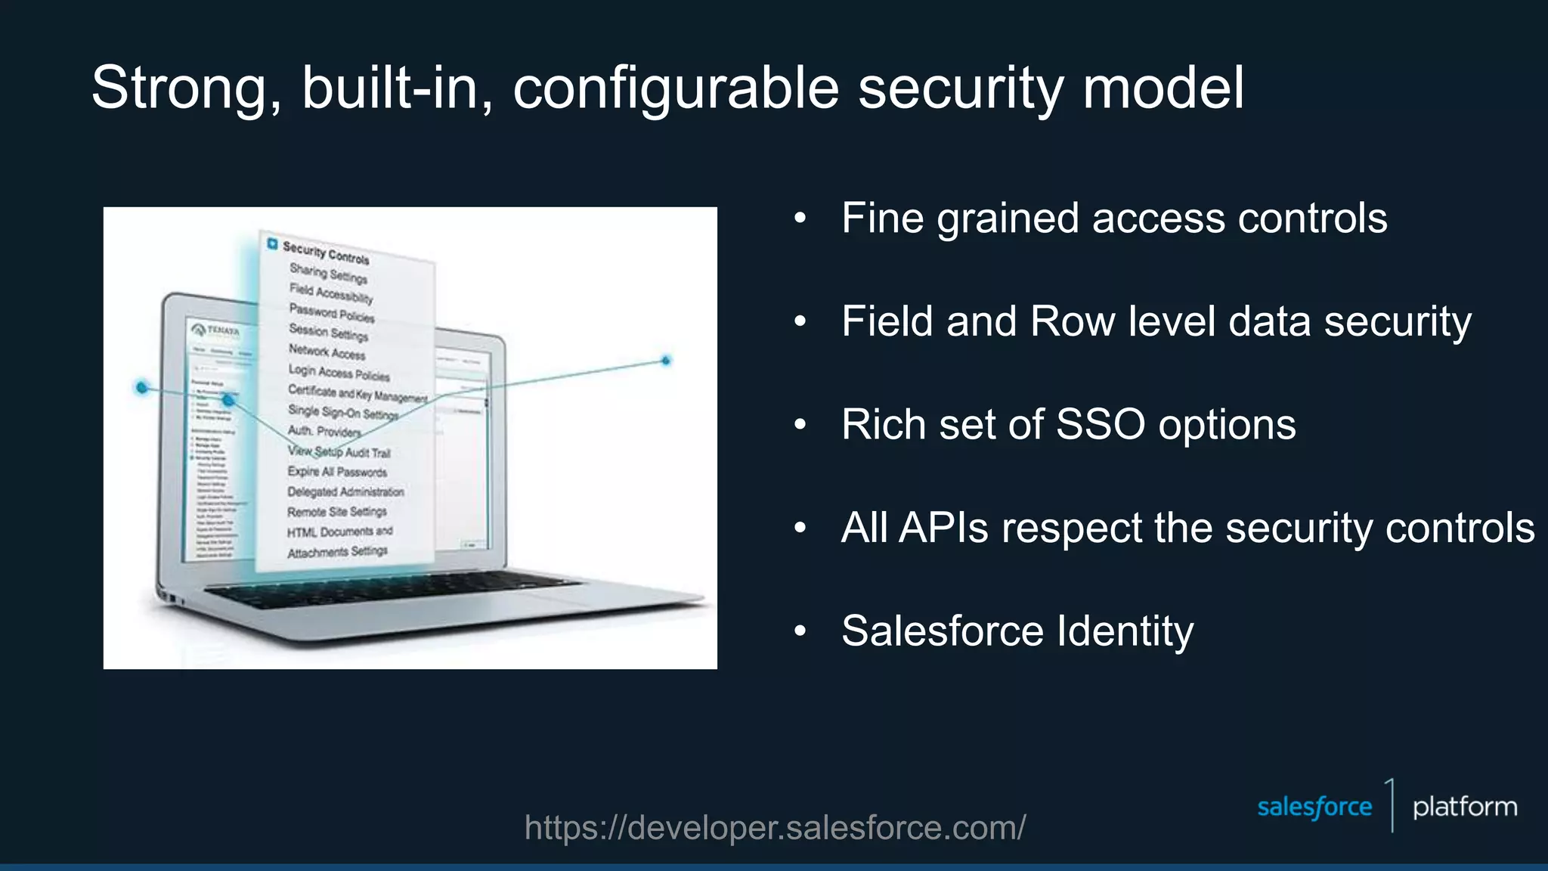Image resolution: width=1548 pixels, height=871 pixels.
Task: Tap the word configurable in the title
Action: coord(676,89)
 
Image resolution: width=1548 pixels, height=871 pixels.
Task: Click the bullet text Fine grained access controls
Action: coord(1114,219)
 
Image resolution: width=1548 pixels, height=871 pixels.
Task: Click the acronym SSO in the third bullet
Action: coord(1100,424)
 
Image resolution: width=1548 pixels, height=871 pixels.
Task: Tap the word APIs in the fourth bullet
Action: coord(943,528)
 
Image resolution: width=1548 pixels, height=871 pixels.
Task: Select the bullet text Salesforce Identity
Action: coord(1017,631)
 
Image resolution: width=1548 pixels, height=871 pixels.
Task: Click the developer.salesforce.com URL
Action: coord(775,828)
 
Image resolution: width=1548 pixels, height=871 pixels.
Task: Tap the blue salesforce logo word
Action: coord(1314,807)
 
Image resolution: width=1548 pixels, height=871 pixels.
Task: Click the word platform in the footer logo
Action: coord(1464,807)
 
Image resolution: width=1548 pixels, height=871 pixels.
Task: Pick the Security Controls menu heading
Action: coord(326,253)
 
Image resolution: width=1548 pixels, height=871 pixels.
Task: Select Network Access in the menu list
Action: coord(327,352)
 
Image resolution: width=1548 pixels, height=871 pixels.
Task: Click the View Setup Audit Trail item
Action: coord(339,452)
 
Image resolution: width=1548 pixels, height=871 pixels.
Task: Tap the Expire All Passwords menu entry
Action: coord(337,472)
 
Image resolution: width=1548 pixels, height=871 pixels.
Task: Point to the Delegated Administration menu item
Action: coord(345,491)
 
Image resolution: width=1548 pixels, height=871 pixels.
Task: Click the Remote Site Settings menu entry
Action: coord(337,512)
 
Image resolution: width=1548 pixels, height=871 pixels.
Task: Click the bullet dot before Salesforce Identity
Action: coord(800,631)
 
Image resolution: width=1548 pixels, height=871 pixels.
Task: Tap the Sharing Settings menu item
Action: coord(328,273)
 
